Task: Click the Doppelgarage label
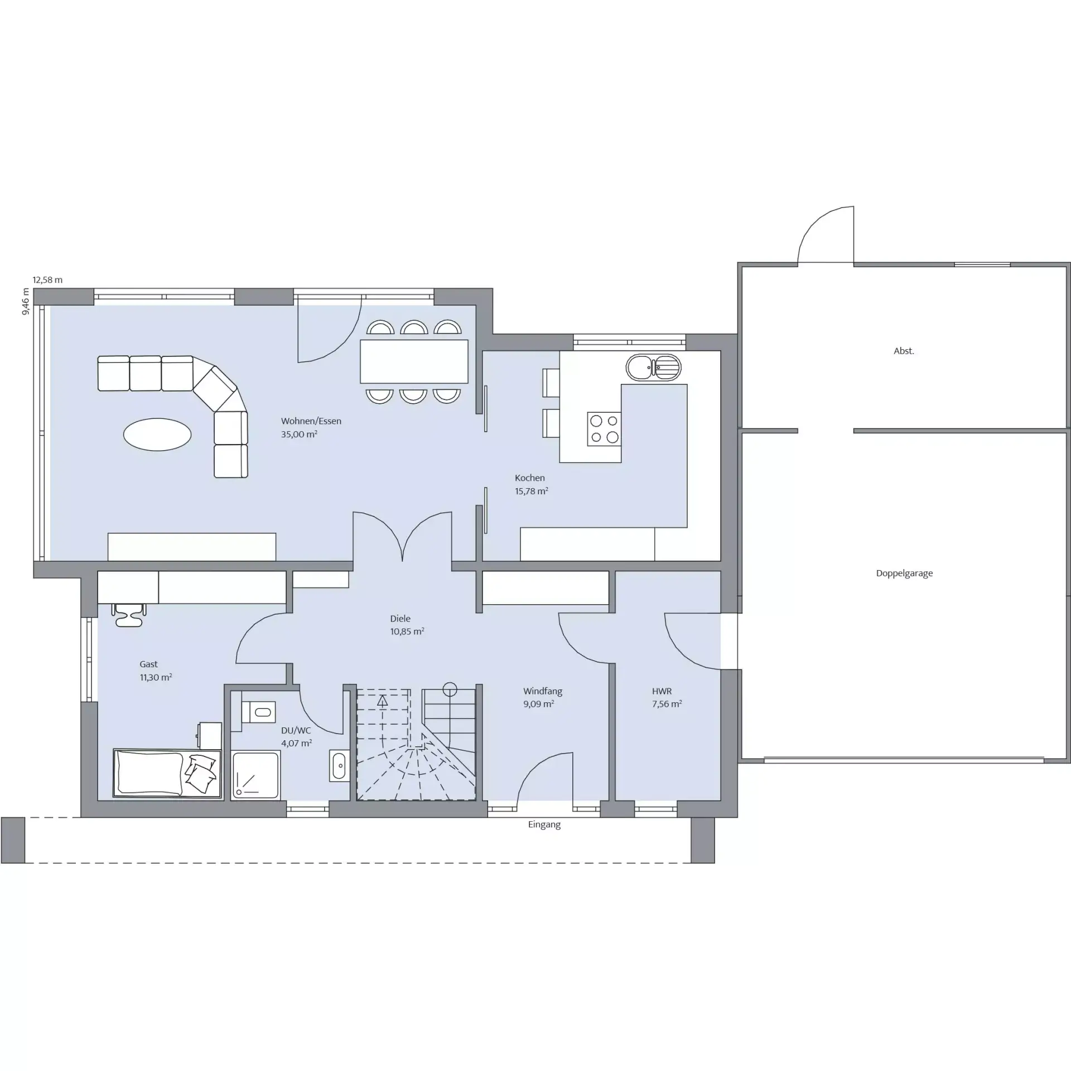(x=904, y=573)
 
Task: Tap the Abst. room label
(x=904, y=351)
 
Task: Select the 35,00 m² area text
(x=299, y=435)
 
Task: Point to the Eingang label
(x=544, y=824)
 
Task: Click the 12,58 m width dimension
(x=47, y=280)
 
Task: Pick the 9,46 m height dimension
(x=26, y=302)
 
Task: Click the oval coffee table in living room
(x=157, y=434)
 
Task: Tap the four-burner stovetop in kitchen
(x=604, y=429)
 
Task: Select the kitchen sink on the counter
(x=654, y=368)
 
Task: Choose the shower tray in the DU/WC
(x=256, y=774)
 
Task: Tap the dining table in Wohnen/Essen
(x=414, y=361)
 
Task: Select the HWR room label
(x=662, y=691)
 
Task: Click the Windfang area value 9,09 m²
(x=539, y=704)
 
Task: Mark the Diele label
(x=400, y=619)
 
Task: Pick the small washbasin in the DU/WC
(x=339, y=765)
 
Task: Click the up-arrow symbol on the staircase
(x=382, y=701)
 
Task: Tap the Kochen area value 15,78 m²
(x=531, y=491)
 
